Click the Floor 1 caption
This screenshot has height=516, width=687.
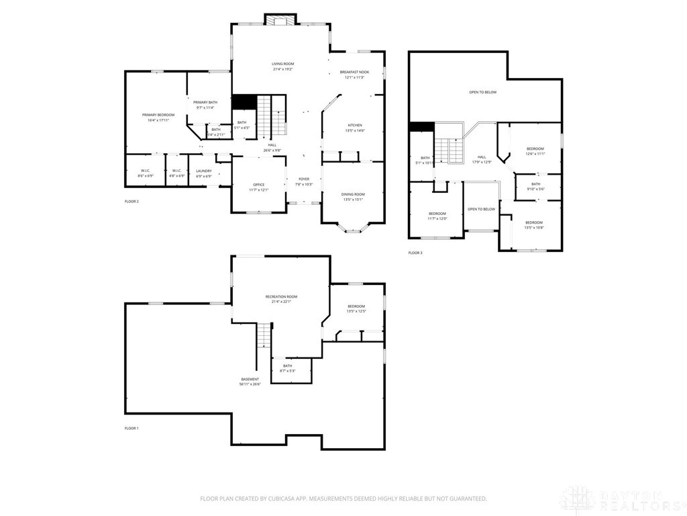pyautogui.click(x=131, y=428)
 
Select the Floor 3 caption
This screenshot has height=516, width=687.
pyautogui.click(x=415, y=253)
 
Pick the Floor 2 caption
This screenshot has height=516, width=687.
pyautogui.click(x=131, y=201)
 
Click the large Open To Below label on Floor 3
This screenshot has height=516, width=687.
pyautogui.click(x=482, y=92)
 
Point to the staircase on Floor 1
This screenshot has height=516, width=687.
pyautogui.click(x=265, y=334)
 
